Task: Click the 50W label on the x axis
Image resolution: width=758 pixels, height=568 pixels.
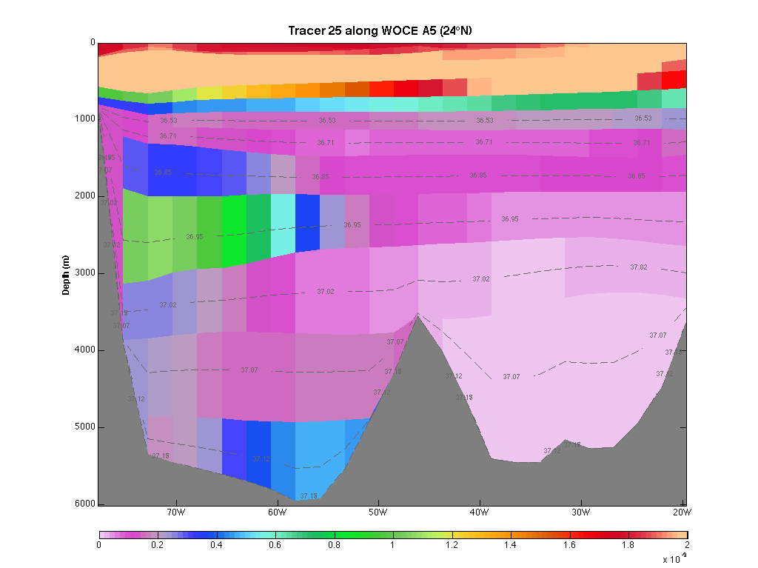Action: tap(378, 512)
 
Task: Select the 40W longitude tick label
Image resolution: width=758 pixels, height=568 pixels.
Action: tap(479, 512)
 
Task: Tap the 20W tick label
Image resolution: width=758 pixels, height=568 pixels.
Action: tap(681, 512)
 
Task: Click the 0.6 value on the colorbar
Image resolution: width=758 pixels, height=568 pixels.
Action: tap(275, 545)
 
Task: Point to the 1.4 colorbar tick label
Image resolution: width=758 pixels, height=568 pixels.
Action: tap(511, 545)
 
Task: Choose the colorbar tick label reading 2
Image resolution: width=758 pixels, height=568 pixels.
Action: tap(687, 545)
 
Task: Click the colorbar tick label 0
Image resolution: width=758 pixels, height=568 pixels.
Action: tap(99, 545)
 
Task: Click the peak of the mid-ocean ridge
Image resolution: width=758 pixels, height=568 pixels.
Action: tap(418, 314)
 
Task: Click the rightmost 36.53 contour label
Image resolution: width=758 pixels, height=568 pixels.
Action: tap(643, 118)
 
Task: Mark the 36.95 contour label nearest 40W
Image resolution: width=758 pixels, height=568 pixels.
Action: tap(510, 219)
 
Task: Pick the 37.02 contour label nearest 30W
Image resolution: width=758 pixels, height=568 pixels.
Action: tap(638, 267)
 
